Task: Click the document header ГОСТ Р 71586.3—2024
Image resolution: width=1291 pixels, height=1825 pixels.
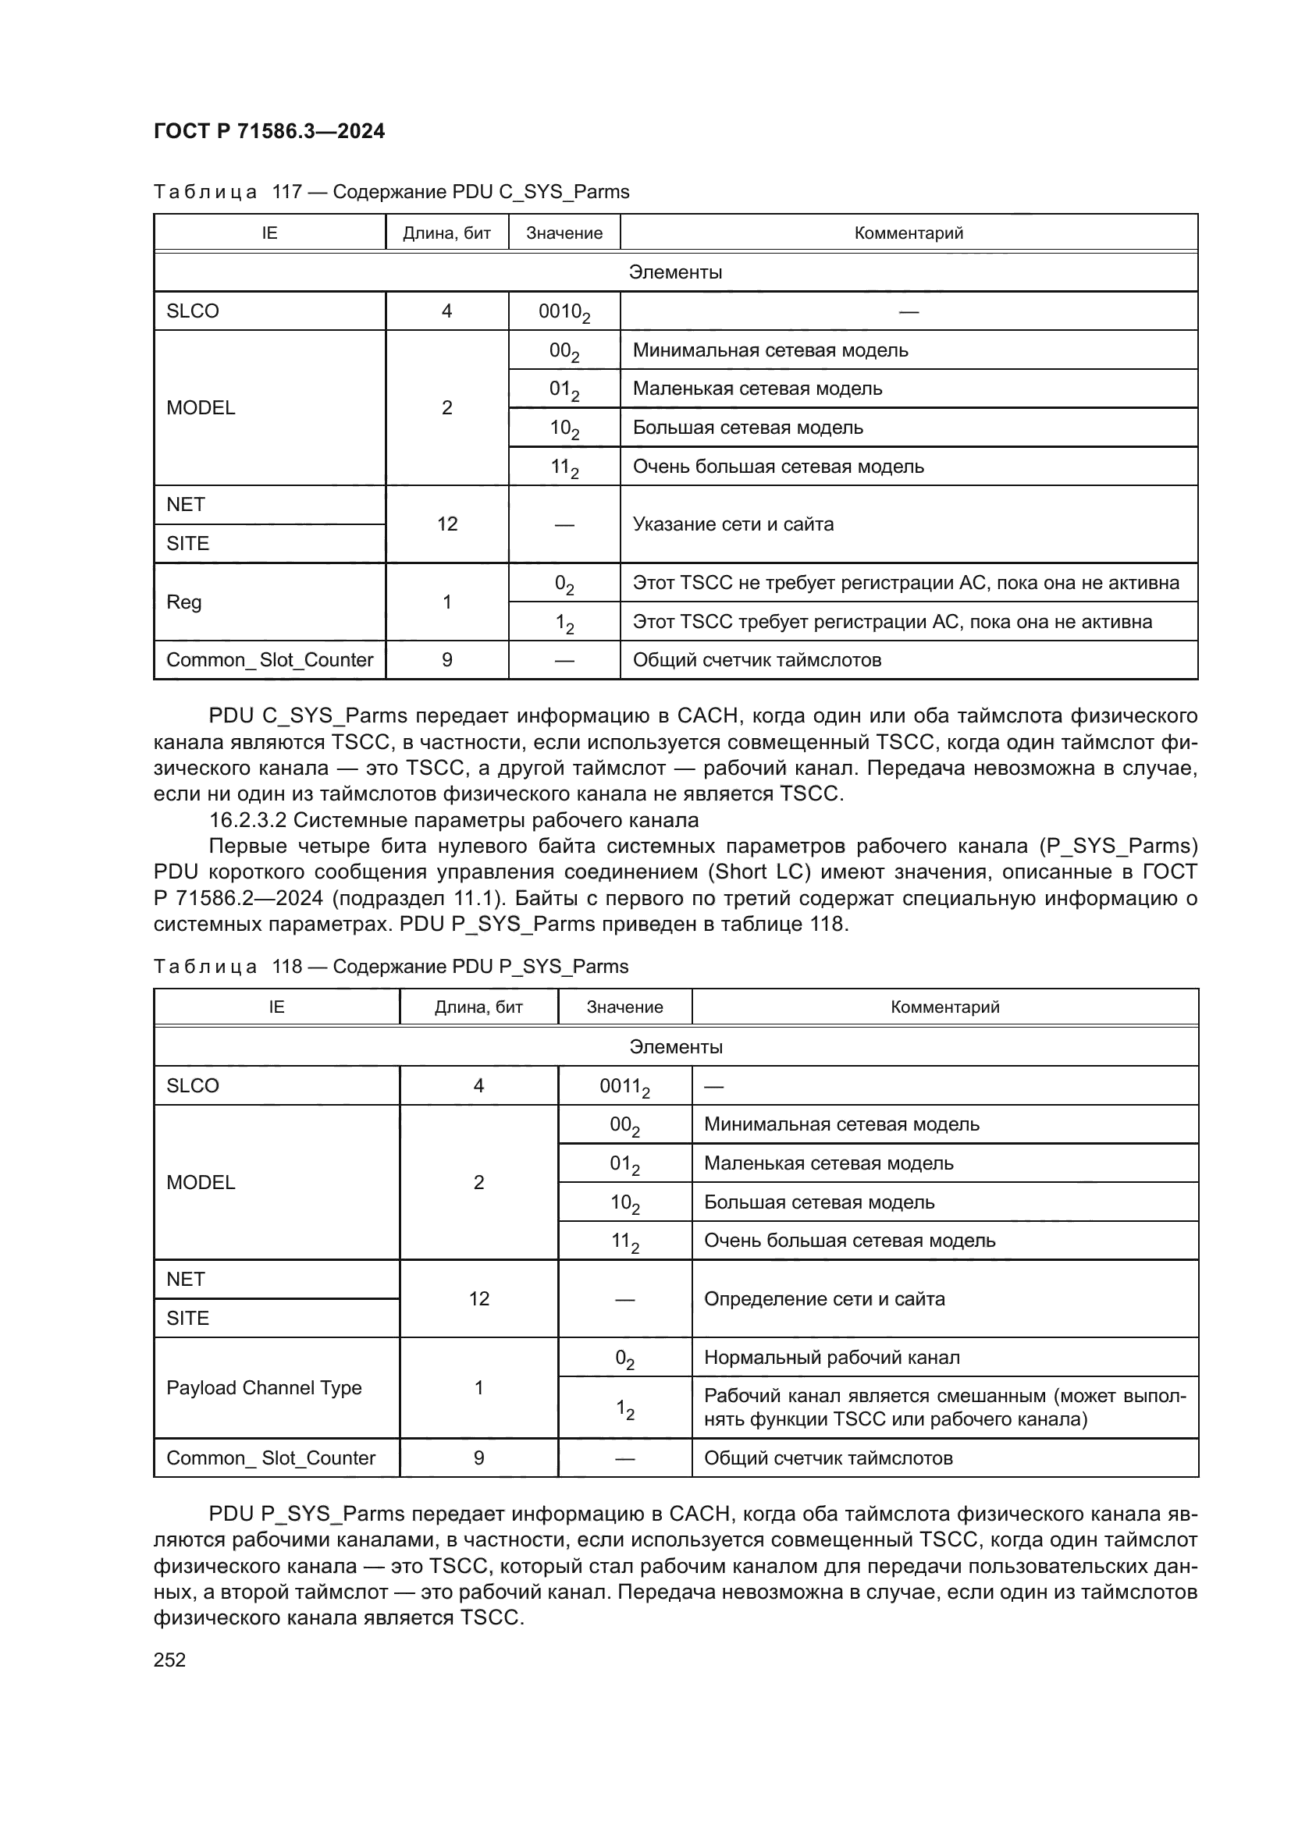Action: [269, 131]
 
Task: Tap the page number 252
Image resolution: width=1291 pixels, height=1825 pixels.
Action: [169, 1660]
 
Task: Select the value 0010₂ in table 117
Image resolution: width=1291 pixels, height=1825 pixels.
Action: [564, 311]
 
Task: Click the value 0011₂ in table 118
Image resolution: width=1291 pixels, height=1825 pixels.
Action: [624, 1086]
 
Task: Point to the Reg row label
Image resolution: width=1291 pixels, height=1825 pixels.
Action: [183, 602]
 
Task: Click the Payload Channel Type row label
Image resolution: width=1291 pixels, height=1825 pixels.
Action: [264, 1388]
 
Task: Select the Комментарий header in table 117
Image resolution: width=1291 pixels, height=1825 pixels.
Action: [908, 233]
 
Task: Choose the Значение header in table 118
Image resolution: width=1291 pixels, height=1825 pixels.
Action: [624, 1007]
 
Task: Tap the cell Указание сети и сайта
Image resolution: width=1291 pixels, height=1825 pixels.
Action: [733, 524]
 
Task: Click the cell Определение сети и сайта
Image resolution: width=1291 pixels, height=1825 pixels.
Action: [824, 1299]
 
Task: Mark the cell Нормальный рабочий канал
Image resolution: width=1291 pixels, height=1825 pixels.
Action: [831, 1358]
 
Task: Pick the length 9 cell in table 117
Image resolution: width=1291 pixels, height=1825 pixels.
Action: [446, 660]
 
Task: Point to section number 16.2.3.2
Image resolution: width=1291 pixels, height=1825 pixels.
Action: [247, 819]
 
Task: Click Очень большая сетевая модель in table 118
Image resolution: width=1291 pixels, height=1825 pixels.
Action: [849, 1241]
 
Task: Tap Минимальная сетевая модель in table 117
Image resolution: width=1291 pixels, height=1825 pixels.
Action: [770, 350]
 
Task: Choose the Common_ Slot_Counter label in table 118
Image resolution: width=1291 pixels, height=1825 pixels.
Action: [270, 1458]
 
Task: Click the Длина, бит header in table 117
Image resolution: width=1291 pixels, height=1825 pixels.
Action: [446, 233]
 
